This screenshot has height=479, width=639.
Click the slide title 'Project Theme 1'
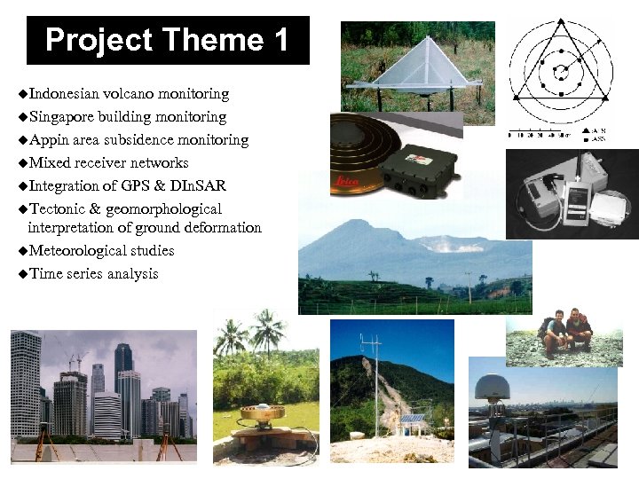click(x=168, y=41)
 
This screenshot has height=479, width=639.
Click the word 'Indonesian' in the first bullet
click(x=65, y=93)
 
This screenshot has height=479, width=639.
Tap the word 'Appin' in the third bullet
click(x=49, y=140)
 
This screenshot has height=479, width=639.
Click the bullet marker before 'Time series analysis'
click(x=22, y=274)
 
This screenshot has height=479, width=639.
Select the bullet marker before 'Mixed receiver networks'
click(x=22, y=163)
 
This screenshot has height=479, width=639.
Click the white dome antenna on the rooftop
click(x=490, y=386)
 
